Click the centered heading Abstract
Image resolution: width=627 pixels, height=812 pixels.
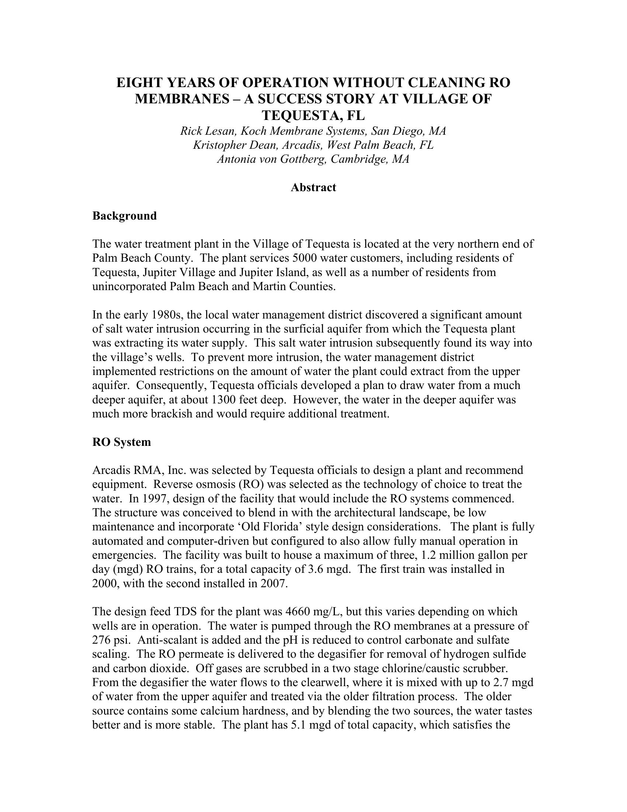click(313, 187)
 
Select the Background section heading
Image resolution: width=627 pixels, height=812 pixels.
click(124, 216)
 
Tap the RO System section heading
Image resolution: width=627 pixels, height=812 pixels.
click(121, 442)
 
